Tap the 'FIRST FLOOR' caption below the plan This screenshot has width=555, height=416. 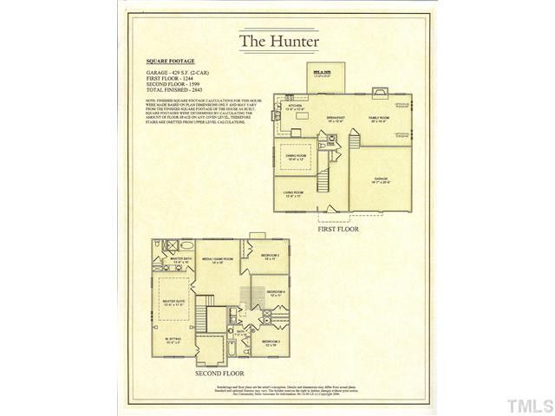337,230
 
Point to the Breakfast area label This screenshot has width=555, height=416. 336,118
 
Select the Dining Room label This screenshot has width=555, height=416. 296,156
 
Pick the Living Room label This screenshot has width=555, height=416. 292,192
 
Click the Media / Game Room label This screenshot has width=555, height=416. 218,259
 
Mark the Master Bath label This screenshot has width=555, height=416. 180,259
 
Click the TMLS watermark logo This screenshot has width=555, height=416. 530,405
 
